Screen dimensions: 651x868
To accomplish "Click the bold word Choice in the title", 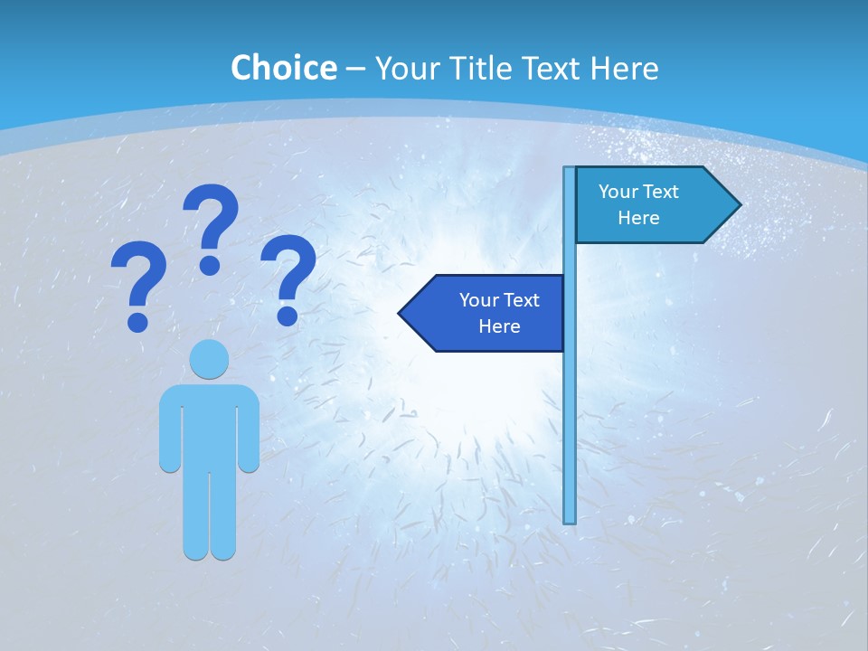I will coord(283,69).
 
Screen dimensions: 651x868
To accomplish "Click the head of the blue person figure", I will coord(209,359).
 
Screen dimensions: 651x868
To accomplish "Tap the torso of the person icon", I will coord(209,425).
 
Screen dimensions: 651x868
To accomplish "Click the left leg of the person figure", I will coord(195,515).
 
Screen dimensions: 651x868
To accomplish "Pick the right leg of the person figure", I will coord(223,515).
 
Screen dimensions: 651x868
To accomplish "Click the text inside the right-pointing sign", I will coord(638,204).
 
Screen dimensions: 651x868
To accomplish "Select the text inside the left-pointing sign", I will coord(499,313).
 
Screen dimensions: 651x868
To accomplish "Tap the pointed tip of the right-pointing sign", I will coord(739,204).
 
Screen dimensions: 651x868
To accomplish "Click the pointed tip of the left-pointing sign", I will coord(401,313).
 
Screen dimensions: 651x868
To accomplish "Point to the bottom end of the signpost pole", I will coord(570,521).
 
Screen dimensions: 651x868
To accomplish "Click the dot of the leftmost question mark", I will coord(137,321).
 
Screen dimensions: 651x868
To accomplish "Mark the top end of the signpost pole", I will coord(570,169).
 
